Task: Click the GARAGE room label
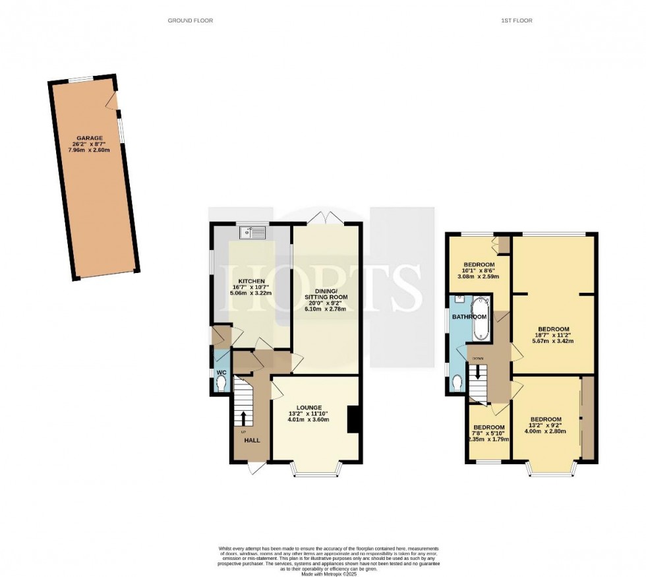[90, 139]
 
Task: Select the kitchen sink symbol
[253, 231]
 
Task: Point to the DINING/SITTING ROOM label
[326, 301]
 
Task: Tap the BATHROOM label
[468, 317]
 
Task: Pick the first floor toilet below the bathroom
[457, 381]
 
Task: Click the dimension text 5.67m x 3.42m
[554, 341]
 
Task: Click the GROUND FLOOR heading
[191, 20]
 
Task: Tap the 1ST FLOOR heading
[516, 20]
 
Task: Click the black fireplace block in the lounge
[353, 420]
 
